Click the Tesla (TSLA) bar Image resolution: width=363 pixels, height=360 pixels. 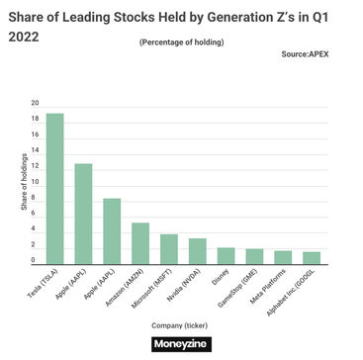pos(54,189)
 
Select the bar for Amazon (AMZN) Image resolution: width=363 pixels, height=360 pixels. pos(140,243)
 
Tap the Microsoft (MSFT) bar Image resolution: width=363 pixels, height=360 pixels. pos(169,249)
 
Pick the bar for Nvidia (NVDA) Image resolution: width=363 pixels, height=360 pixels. pos(197,251)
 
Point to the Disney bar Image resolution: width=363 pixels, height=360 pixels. pos(226,256)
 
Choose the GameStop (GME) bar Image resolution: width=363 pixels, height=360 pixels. pos(254,256)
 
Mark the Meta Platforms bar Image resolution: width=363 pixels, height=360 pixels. pos(283,257)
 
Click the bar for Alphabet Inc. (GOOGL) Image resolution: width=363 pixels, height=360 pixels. pos(312,258)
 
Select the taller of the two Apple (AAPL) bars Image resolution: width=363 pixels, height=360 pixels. pos(83,214)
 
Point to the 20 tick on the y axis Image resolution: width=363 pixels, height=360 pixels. pos(35,103)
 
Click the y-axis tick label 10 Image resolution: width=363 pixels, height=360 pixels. pos(35,182)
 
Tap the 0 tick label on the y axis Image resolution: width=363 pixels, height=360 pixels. pos(34,260)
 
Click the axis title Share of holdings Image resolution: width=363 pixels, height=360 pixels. pos(24,182)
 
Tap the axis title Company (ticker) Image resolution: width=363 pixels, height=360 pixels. pos(180,325)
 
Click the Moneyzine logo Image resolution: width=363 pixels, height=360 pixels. pos(181,344)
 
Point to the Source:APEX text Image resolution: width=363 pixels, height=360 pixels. pos(305,53)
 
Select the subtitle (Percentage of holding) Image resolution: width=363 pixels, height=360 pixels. pos(181,43)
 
